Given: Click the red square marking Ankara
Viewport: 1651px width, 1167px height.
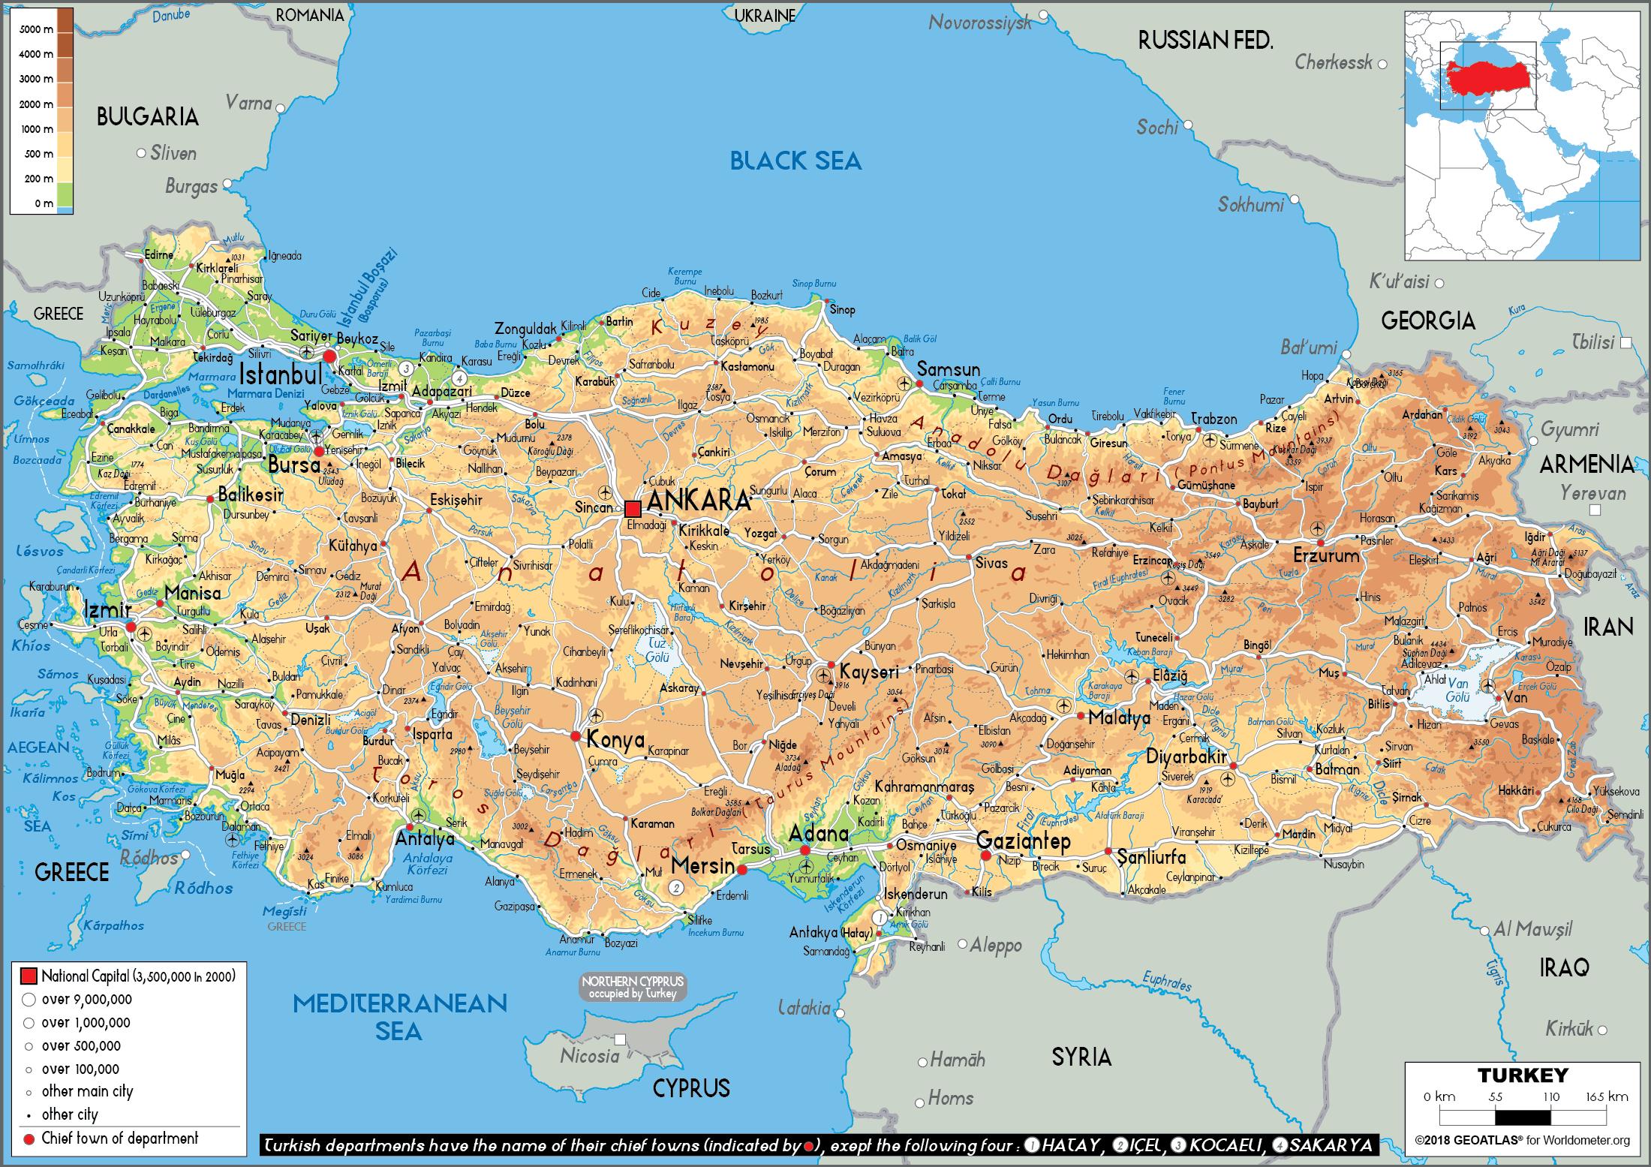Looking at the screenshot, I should pyautogui.click(x=633, y=507).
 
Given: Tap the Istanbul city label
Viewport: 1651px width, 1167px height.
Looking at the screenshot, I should pyautogui.click(x=281, y=374).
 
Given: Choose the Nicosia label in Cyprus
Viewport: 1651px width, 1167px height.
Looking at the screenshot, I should pyautogui.click(x=589, y=1056).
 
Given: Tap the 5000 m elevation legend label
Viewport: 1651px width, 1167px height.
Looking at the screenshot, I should pyautogui.click(x=36, y=29).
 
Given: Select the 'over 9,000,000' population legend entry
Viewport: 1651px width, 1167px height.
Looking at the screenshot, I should pyautogui.click(x=86, y=999).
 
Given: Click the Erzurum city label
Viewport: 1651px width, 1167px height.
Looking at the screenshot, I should pyautogui.click(x=1326, y=556).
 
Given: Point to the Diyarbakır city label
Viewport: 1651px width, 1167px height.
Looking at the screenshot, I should pyautogui.click(x=1186, y=756).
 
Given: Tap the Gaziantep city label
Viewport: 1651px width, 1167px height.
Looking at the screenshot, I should pyautogui.click(x=1023, y=841).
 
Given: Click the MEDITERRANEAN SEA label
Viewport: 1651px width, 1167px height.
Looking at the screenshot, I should pyautogui.click(x=399, y=1016).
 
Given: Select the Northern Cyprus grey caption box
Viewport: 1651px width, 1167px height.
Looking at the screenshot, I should pyautogui.click(x=633, y=987).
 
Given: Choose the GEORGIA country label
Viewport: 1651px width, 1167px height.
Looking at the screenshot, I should pyautogui.click(x=1428, y=321).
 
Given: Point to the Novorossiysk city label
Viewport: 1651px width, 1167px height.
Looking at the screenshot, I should pyautogui.click(x=980, y=23).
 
